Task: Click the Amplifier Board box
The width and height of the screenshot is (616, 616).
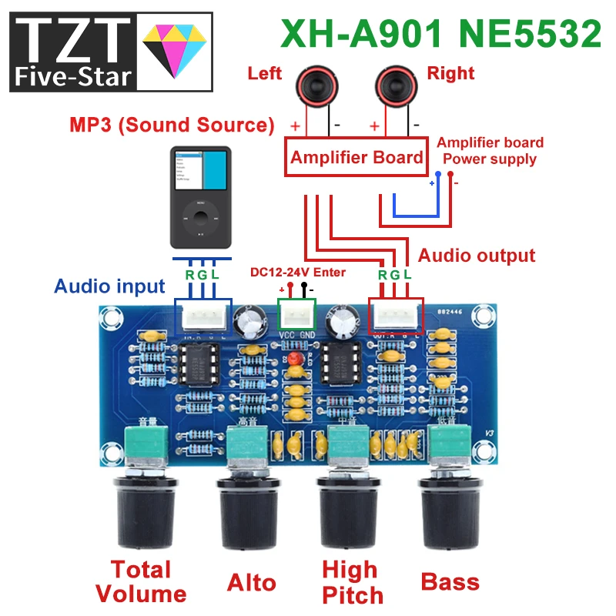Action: pyautogui.click(x=356, y=157)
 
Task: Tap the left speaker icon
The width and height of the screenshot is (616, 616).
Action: pyautogui.click(x=307, y=85)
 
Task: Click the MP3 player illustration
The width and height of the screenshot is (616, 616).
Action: pyautogui.click(x=199, y=196)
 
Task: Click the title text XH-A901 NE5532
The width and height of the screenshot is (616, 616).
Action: pyautogui.click(x=440, y=35)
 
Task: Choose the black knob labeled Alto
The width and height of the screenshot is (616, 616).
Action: pyautogui.click(x=249, y=508)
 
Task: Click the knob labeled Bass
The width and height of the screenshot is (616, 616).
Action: pyautogui.click(x=448, y=508)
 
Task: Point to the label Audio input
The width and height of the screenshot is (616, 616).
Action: pyautogui.click(x=109, y=286)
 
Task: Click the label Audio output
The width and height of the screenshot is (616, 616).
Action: pyautogui.click(x=476, y=256)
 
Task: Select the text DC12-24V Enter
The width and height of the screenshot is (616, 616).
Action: pyautogui.click(x=298, y=272)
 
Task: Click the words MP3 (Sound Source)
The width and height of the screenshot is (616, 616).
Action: pyautogui.click(x=172, y=125)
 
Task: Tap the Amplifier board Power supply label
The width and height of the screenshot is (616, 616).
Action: pyautogui.click(x=490, y=151)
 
